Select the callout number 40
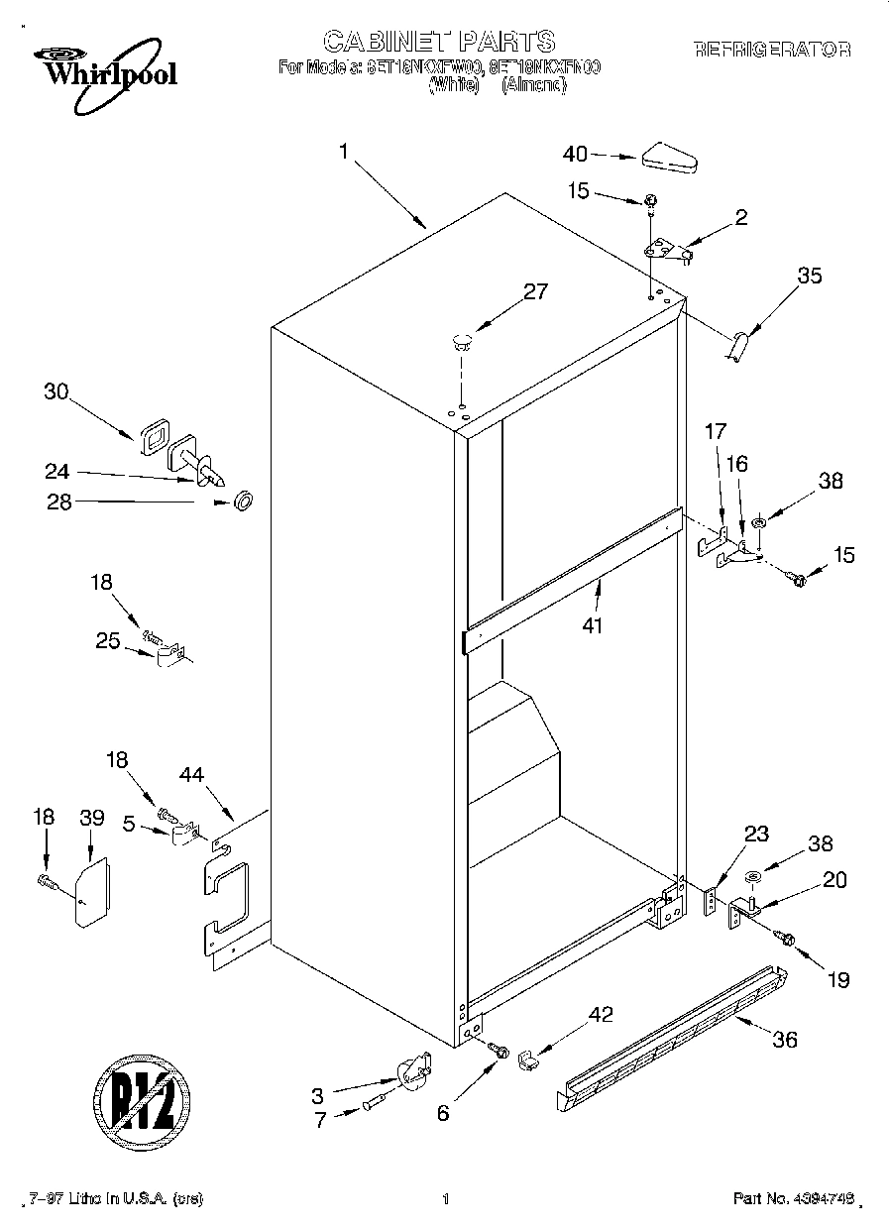pyautogui.click(x=575, y=154)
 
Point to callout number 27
pyautogui.click(x=534, y=291)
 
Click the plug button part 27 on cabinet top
pyautogui.click(x=461, y=343)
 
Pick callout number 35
pyautogui.click(x=810, y=277)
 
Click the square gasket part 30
pyautogui.click(x=154, y=435)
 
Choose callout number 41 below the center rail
pyautogui.click(x=593, y=625)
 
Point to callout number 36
pyautogui.click(x=784, y=1040)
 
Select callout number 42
pyautogui.click(x=601, y=1014)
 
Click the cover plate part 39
pyautogui.click(x=92, y=891)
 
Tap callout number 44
pyautogui.click(x=191, y=775)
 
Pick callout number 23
pyautogui.click(x=755, y=835)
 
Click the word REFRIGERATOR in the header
pyautogui.click(x=772, y=49)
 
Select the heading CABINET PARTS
pyautogui.click(x=439, y=41)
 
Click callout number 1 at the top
pyautogui.click(x=343, y=152)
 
